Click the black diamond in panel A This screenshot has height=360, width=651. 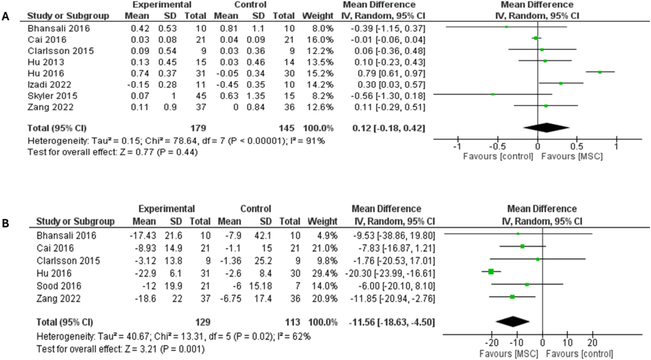pyautogui.click(x=546, y=128)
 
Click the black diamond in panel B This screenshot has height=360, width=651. pyautogui.click(x=513, y=321)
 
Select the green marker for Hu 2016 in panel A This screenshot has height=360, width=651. pyautogui.click(x=600, y=72)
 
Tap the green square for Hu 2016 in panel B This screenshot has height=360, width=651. pyautogui.click(x=491, y=272)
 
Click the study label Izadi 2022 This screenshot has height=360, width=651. pyautogui.click(x=49, y=85)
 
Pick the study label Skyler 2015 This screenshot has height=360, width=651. pyautogui.click(x=52, y=96)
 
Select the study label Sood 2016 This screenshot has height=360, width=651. pyautogui.click(x=59, y=286)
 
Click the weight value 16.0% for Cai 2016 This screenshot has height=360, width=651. pyautogui.click(x=321, y=40)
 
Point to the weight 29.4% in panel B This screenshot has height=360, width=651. pyautogui.click(x=325, y=273)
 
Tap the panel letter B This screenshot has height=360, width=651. pyautogui.click(x=5, y=223)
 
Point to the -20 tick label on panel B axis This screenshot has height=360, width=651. pyautogui.click(x=491, y=343)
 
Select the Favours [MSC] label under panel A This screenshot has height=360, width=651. pyautogui.click(x=572, y=157)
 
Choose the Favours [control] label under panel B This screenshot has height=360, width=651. pyautogui.click(x=579, y=354)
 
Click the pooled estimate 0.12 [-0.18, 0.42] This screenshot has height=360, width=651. pyautogui.click(x=388, y=128)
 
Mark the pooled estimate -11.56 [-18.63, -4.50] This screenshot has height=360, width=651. pyautogui.click(x=392, y=322)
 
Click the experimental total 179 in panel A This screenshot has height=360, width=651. pyautogui.click(x=198, y=128)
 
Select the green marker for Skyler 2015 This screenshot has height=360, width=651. pyautogui.click(x=493, y=94)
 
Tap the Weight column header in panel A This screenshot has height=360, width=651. pyautogui.click(x=317, y=16)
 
